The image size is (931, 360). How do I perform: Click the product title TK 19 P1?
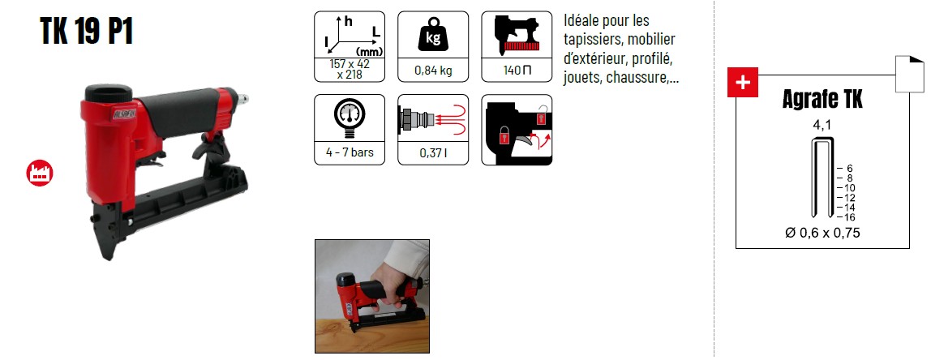(87, 32)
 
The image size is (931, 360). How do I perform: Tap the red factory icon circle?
(40, 173)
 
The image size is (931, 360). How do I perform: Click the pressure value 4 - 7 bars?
(349, 152)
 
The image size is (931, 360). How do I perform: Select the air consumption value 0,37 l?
(433, 153)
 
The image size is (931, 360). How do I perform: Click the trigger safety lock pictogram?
(517, 130)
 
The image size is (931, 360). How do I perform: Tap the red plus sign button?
(743, 83)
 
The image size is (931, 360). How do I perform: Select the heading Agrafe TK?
(822, 101)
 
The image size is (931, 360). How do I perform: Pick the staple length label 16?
(849, 217)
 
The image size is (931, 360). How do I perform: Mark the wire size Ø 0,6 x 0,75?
(822, 234)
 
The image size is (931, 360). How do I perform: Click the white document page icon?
(910, 74)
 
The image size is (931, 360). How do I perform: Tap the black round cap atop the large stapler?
(109, 92)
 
